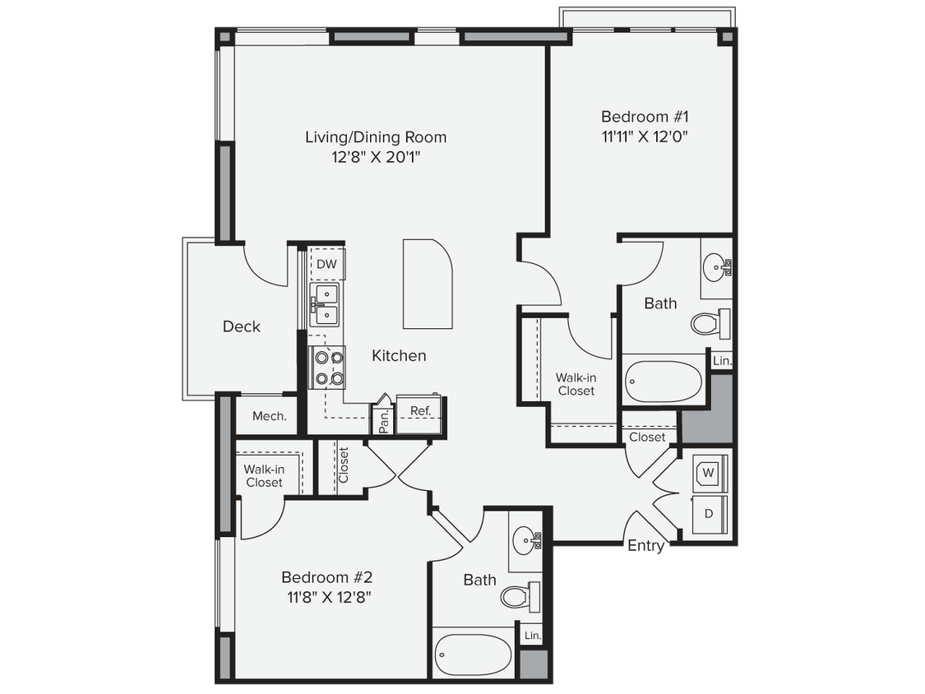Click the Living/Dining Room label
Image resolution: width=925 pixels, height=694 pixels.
(x=376, y=136)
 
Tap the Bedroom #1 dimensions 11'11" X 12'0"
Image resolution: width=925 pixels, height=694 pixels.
(x=644, y=136)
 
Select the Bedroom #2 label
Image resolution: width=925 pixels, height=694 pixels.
(x=327, y=577)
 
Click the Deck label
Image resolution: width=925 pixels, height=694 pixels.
(x=241, y=326)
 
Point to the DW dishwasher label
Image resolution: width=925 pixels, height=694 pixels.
(x=327, y=264)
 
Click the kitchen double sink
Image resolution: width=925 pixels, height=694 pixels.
(x=326, y=303)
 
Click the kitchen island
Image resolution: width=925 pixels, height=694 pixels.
(x=428, y=284)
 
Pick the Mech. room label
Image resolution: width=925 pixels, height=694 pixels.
(x=269, y=416)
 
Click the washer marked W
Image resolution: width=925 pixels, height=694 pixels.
(x=708, y=474)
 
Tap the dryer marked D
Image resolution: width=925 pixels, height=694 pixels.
(x=708, y=514)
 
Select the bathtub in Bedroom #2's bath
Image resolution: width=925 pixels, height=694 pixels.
(x=472, y=655)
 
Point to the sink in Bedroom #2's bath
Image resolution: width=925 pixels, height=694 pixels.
(x=526, y=540)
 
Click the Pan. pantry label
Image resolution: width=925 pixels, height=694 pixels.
(x=384, y=421)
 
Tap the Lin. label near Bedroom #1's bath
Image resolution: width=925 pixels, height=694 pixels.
(x=722, y=361)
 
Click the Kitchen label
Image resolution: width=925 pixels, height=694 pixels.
(x=399, y=355)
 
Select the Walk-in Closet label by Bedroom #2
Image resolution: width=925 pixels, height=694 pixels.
(x=264, y=476)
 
